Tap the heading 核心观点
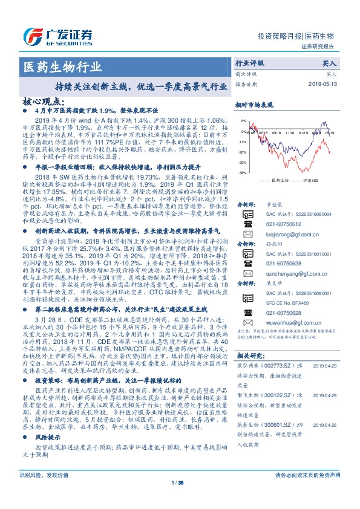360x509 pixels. coord(43,102)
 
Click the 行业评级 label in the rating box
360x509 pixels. coord(250,63)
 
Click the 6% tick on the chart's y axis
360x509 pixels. coord(242,121)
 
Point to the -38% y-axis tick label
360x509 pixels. coord(241,172)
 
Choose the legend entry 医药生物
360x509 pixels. coord(281,181)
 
